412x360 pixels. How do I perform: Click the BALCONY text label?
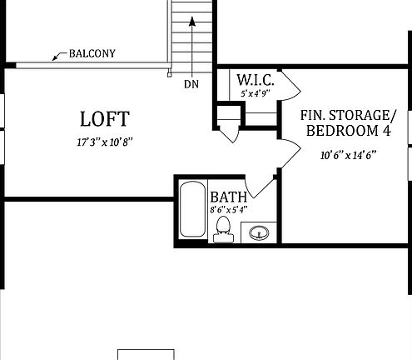(x=92, y=54)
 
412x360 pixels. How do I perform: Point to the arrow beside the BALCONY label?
(x=59, y=57)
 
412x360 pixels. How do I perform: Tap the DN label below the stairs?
(x=191, y=84)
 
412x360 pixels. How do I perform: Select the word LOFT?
(x=104, y=118)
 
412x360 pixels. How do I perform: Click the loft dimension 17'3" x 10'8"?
(x=104, y=142)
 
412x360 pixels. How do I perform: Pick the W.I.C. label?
(x=253, y=80)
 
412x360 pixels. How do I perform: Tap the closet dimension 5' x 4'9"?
(x=256, y=94)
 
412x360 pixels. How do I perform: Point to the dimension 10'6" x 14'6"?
(x=348, y=155)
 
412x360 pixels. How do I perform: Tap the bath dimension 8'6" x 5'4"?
(x=229, y=210)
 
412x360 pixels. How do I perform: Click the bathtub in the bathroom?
(x=191, y=209)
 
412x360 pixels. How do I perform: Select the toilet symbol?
(x=223, y=230)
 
